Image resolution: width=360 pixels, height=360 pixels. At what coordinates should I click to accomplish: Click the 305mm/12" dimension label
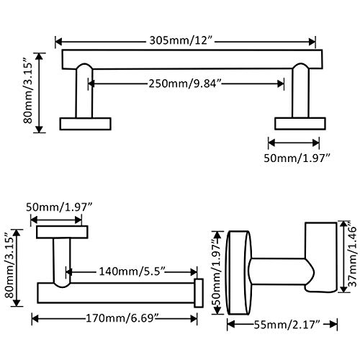(181, 40)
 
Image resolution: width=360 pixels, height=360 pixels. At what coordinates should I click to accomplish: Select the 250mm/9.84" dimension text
(184, 84)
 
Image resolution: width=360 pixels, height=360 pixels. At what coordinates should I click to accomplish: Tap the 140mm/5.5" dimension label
(132, 271)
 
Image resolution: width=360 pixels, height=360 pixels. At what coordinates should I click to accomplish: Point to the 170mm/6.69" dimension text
(122, 318)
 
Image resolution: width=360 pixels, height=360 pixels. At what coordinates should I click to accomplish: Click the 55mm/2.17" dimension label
(287, 325)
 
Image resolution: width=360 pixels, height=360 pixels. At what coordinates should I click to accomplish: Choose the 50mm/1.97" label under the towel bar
(297, 158)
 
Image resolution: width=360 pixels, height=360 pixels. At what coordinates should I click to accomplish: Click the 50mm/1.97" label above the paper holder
(59, 207)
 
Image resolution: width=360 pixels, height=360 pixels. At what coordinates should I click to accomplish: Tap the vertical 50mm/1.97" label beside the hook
(217, 273)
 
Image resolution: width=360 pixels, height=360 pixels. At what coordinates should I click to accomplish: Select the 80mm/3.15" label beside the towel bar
(28, 90)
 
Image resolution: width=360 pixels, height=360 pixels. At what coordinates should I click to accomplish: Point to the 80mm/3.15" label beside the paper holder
(9, 266)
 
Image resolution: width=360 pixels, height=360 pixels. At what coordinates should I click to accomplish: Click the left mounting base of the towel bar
(85, 124)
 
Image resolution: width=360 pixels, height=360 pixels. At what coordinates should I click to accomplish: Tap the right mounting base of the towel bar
(300, 124)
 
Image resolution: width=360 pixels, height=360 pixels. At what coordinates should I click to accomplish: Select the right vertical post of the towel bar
(300, 91)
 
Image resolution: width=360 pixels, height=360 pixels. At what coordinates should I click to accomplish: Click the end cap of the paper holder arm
(199, 293)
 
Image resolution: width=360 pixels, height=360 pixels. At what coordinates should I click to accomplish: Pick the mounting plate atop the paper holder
(62, 232)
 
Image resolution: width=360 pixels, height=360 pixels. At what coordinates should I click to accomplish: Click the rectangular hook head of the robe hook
(320, 258)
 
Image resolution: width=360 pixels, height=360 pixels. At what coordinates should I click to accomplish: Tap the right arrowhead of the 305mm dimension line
(312, 42)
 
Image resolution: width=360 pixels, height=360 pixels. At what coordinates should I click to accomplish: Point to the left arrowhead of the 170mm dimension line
(35, 319)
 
